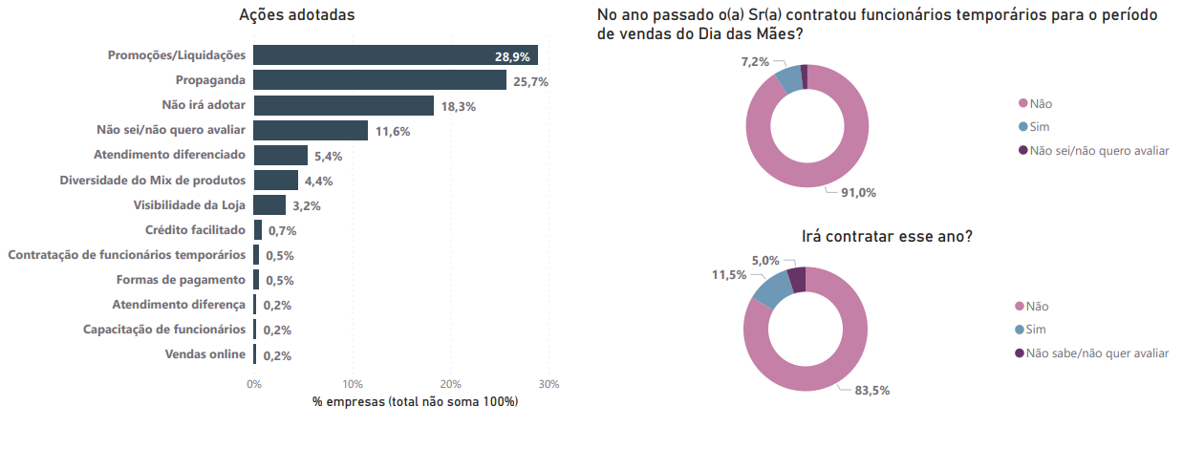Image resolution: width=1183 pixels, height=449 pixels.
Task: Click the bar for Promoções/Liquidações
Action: click(396, 55)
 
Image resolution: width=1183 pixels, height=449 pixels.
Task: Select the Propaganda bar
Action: click(380, 80)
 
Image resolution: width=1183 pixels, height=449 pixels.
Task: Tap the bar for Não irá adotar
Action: click(344, 105)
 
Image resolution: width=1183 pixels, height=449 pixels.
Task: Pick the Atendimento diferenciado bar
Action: click(281, 155)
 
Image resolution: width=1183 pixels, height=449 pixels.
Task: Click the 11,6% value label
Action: click(392, 131)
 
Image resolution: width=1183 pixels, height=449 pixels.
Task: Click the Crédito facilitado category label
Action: click(195, 230)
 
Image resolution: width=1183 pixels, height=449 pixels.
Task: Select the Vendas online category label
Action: click(204, 354)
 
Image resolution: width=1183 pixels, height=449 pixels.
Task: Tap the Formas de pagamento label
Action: click(181, 280)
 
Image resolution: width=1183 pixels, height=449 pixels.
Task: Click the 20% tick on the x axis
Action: click(451, 384)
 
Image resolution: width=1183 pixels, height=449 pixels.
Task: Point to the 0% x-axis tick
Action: click(254, 384)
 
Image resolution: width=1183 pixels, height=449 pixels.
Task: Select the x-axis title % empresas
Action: click(415, 402)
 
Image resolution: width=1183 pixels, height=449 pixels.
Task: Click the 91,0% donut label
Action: click(858, 192)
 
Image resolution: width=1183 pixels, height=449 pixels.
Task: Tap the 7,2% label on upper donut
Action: click(755, 61)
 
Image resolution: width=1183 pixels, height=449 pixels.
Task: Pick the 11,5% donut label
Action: click(728, 275)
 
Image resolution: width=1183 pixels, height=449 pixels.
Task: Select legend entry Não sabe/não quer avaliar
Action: click(1097, 353)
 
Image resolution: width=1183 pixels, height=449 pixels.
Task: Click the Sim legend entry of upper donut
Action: click(1039, 126)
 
